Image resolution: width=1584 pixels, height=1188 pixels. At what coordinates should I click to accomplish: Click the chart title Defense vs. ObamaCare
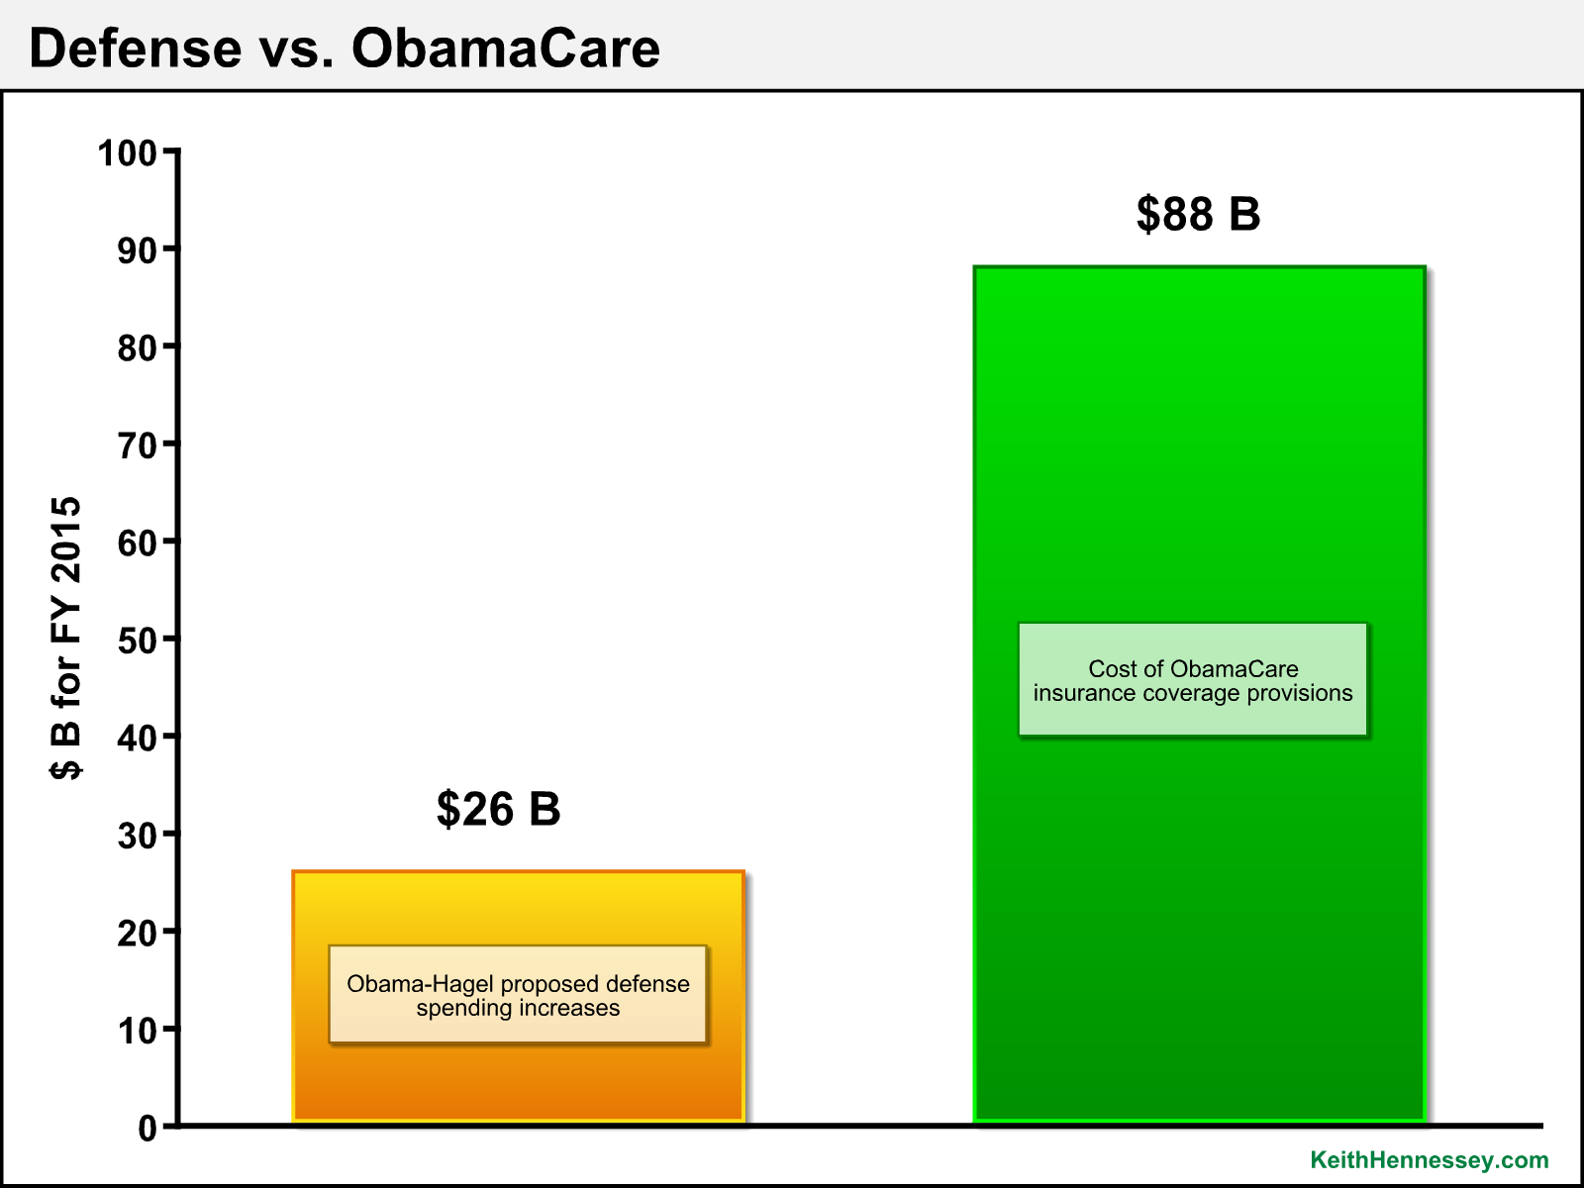click(x=345, y=49)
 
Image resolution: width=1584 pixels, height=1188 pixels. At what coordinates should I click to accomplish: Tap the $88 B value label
click(x=1198, y=214)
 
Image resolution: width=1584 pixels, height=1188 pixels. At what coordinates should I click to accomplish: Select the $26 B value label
click(x=498, y=809)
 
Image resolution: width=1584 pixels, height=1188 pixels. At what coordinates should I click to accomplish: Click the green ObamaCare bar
click(x=1199, y=694)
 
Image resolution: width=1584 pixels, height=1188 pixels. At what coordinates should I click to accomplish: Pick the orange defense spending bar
click(x=518, y=996)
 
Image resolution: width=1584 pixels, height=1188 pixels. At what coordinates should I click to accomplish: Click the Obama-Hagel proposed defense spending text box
click(x=518, y=995)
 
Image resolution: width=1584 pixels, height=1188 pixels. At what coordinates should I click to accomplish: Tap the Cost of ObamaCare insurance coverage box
click(x=1193, y=680)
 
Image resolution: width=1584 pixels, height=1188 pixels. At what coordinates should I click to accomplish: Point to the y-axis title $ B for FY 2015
click(x=65, y=639)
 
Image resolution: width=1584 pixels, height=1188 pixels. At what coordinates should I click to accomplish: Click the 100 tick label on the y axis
click(x=127, y=153)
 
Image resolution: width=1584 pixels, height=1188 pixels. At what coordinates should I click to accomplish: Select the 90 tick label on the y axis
click(x=137, y=251)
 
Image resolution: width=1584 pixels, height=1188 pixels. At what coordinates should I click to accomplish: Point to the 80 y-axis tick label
click(x=137, y=348)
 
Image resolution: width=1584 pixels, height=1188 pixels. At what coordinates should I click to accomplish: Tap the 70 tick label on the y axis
click(x=137, y=445)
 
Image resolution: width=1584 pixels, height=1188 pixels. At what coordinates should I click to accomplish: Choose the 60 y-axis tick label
click(x=137, y=544)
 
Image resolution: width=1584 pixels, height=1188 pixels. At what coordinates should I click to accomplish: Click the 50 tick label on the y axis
click(x=137, y=641)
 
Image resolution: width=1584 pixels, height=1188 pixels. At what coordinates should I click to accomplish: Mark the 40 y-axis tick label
click(x=137, y=739)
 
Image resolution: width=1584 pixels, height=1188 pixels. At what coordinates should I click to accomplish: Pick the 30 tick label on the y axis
click(x=137, y=836)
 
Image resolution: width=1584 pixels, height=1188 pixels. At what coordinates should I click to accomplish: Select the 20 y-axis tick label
click(x=137, y=934)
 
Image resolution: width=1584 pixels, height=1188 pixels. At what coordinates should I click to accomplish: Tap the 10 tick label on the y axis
click(x=137, y=1031)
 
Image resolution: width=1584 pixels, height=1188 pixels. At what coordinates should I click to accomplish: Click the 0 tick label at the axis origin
click(x=148, y=1129)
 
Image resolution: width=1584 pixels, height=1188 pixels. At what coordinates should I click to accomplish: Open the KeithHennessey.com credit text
click(x=1430, y=1160)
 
